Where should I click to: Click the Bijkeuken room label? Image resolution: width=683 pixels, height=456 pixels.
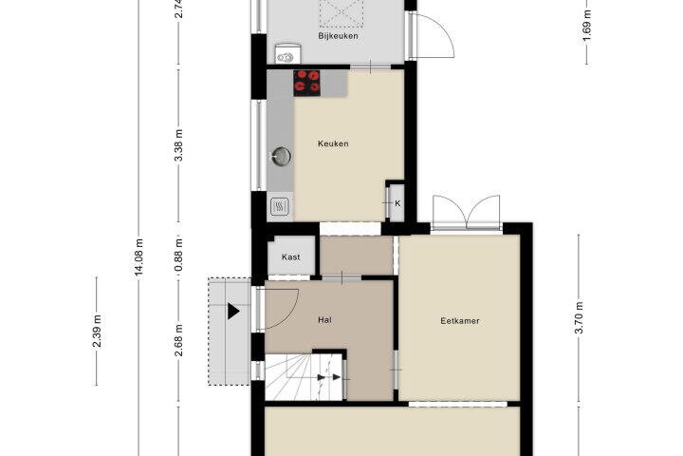338,36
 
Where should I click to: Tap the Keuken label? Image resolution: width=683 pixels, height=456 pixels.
333,143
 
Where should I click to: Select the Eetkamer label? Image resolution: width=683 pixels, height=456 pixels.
460,321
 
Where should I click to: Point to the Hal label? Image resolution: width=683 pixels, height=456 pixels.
324,320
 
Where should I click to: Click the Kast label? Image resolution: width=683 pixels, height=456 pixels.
290,257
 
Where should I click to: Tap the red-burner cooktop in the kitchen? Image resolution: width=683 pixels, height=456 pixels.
306,83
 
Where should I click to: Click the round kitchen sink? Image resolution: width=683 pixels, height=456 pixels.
282,156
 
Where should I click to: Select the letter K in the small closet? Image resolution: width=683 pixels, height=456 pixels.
397,203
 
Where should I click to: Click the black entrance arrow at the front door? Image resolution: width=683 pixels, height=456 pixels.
233,312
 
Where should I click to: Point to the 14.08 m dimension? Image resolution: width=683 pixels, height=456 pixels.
138,257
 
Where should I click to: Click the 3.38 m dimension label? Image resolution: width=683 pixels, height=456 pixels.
178,145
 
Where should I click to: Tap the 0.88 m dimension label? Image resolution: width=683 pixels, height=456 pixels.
178,256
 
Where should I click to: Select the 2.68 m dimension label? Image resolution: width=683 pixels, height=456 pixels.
178,340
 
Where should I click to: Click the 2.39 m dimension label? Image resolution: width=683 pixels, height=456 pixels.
97,332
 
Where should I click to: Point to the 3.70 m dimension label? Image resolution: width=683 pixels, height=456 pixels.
579,317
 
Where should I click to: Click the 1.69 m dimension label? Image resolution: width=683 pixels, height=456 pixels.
587,25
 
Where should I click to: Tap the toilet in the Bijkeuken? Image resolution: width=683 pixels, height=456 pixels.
287,53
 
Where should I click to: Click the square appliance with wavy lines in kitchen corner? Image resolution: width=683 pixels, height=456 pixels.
280,206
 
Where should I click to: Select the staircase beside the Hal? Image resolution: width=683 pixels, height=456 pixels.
305,377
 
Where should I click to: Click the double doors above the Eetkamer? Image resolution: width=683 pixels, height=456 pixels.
466,213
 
